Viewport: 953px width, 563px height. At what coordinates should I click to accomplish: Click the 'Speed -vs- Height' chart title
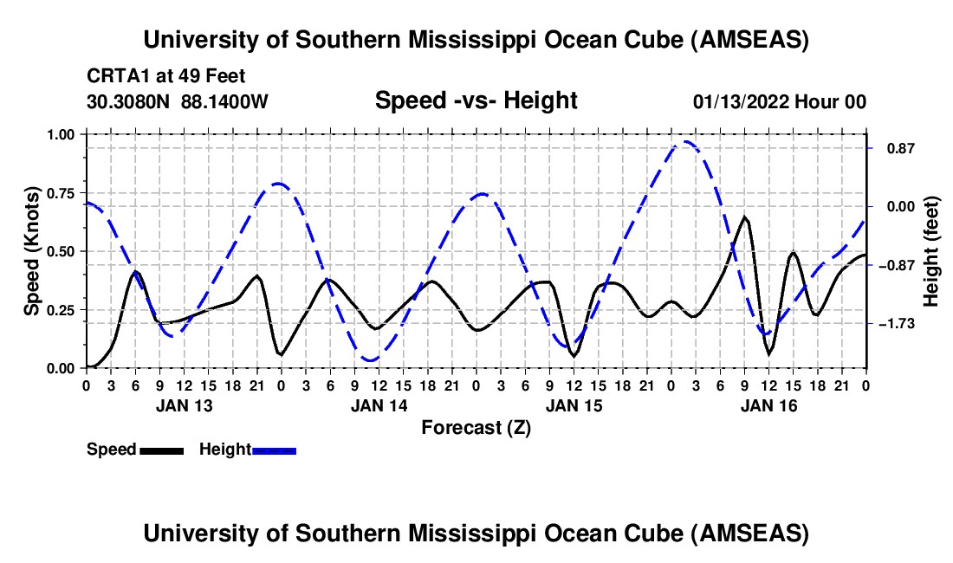tap(476, 100)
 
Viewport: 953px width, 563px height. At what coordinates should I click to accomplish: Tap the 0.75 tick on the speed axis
tap(63, 192)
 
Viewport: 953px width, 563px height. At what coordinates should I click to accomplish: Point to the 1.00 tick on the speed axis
tap(63, 134)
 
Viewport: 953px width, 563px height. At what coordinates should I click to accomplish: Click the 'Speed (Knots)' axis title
tap(32, 251)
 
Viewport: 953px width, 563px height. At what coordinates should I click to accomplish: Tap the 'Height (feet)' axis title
tap(931, 251)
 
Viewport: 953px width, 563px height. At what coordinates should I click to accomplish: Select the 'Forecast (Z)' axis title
tap(476, 427)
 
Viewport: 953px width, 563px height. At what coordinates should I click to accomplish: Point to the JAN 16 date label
tap(768, 404)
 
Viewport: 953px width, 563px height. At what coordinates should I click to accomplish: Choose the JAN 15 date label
tap(573, 404)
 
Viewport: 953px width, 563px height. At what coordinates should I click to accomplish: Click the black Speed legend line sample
tap(161, 450)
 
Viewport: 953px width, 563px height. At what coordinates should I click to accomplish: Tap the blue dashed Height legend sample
tap(274, 450)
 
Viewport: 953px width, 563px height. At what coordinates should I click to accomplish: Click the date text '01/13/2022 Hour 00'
tap(779, 102)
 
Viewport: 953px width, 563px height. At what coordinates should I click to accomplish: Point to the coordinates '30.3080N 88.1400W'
tap(178, 102)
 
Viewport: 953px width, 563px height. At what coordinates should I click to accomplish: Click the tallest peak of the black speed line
tap(744, 217)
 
